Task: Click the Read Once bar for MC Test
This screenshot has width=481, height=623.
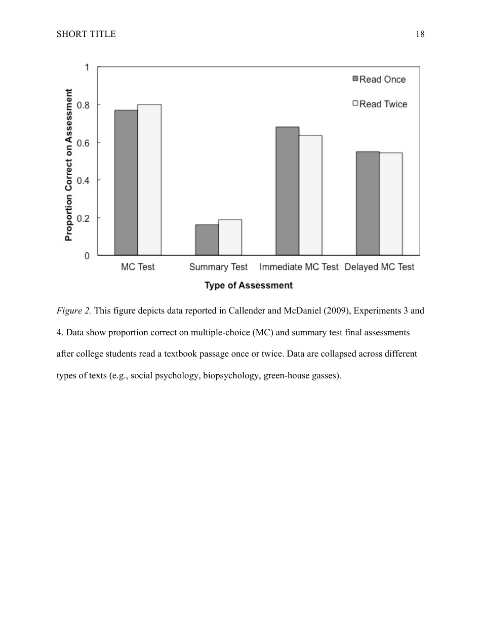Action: [x=126, y=183]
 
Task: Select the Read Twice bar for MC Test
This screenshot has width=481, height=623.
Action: [x=149, y=180]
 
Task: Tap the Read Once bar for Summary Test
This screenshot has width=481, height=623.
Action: [x=207, y=240]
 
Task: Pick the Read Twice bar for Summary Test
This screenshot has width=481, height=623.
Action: [x=230, y=238]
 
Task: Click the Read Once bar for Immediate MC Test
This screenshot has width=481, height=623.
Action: [x=288, y=191]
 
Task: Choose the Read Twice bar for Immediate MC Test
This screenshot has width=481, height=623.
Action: [x=310, y=196]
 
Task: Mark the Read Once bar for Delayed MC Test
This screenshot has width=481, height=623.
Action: [x=368, y=204]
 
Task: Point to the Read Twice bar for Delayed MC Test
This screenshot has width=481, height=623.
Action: [x=391, y=204]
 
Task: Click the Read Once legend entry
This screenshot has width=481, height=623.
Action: [x=379, y=80]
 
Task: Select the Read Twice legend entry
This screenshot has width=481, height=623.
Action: [x=380, y=104]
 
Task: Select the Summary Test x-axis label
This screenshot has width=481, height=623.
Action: [x=218, y=267]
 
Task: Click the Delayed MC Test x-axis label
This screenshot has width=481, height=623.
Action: [x=379, y=267]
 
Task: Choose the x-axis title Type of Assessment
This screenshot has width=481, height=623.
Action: [x=249, y=286]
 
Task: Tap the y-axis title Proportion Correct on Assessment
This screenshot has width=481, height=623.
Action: [x=69, y=165]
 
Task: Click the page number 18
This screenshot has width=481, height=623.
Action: [x=420, y=34]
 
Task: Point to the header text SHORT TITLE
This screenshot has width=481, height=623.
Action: [x=86, y=34]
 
